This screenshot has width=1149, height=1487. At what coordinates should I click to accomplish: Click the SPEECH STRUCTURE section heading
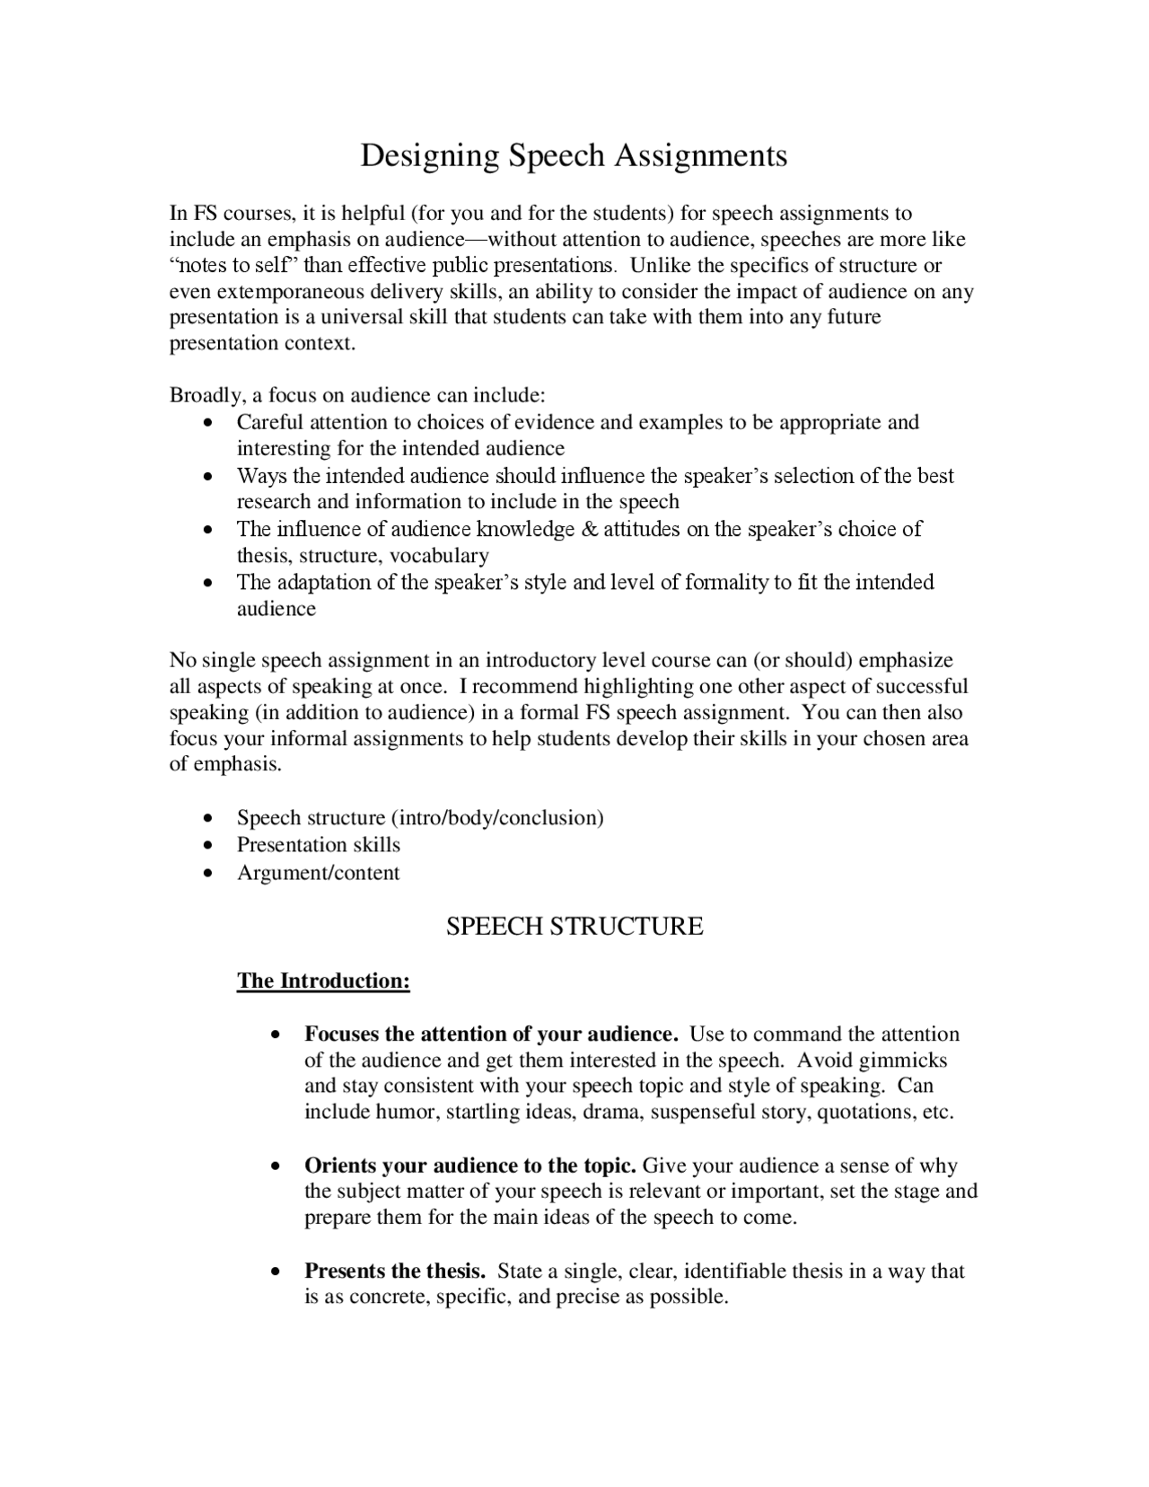(574, 927)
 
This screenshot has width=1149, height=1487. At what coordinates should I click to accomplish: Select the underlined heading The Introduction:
(323, 981)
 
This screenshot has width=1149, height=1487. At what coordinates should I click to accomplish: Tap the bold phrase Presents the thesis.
(395, 1271)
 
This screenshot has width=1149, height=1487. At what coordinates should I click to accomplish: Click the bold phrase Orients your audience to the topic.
(470, 1166)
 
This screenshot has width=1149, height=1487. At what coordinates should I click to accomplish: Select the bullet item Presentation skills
(319, 845)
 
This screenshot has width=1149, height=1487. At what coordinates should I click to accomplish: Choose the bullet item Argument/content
(318, 873)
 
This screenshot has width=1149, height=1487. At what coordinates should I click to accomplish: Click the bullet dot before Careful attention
(208, 422)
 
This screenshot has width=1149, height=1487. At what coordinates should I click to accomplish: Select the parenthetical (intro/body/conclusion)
(496, 818)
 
